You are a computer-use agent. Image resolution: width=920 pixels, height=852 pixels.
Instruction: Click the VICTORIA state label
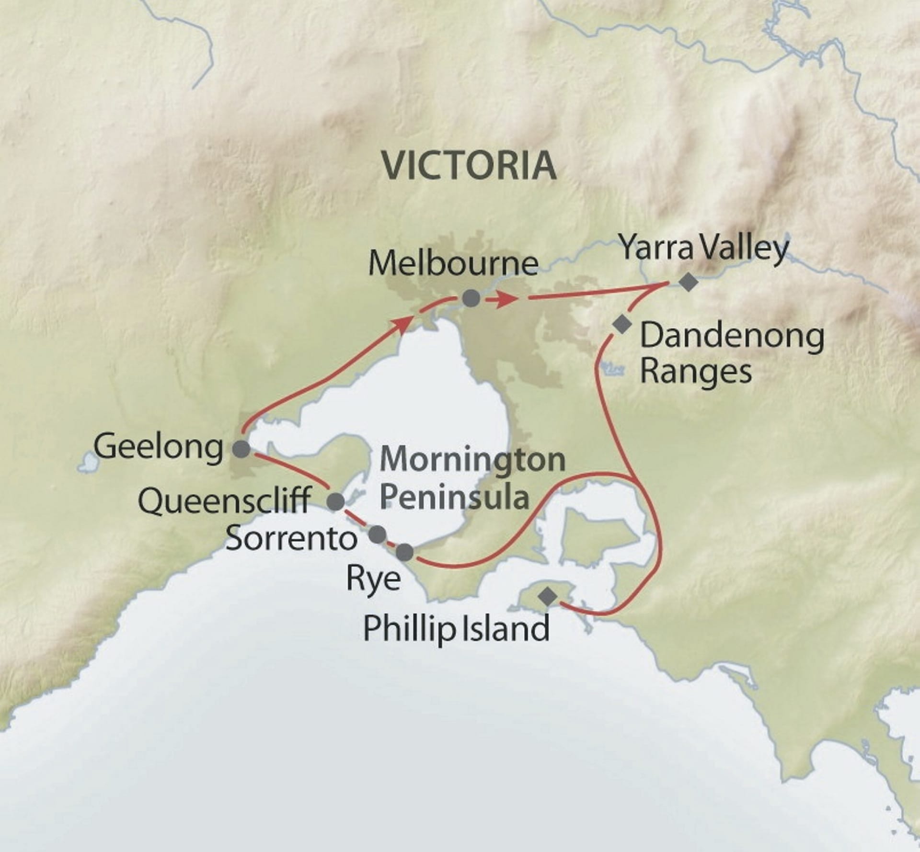[x=469, y=165]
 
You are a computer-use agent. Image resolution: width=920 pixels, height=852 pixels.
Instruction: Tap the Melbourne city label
[x=453, y=263]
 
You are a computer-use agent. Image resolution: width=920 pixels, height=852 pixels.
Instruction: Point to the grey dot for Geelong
[x=241, y=449]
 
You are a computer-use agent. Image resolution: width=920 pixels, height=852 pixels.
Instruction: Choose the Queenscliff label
[x=224, y=501]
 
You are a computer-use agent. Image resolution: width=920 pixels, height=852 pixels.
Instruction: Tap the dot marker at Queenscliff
[x=336, y=501]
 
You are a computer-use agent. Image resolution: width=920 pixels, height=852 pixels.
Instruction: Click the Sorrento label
[x=291, y=538]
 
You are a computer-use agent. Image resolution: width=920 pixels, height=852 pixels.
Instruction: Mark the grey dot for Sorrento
[x=378, y=534]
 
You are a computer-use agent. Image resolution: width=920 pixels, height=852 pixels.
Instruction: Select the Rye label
[x=373, y=579]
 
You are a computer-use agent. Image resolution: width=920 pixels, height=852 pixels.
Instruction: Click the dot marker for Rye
[x=405, y=552]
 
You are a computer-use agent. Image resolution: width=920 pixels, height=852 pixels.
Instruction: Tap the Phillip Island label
[x=456, y=628]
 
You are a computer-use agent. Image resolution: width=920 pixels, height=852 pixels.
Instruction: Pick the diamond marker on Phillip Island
[x=548, y=597]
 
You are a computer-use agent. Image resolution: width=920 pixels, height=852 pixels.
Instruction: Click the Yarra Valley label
[x=704, y=249]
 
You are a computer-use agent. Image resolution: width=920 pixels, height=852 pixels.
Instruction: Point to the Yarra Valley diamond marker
[x=689, y=282]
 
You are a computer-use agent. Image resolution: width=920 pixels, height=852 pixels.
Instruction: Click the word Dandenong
[x=732, y=337]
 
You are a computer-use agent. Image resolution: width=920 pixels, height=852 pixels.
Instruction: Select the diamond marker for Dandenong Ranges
[x=622, y=325]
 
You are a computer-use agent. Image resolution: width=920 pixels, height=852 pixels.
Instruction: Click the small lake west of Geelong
[x=88, y=462]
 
